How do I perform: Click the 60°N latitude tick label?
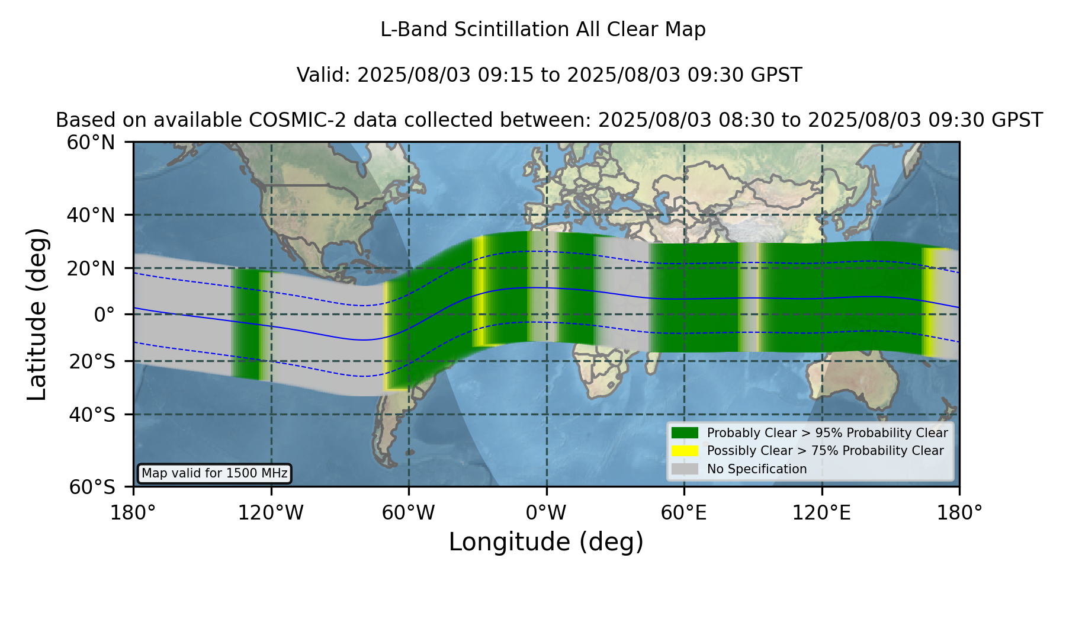(x=91, y=143)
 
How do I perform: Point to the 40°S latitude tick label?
(x=92, y=415)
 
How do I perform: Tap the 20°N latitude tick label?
(x=91, y=268)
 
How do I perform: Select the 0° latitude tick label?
(x=104, y=315)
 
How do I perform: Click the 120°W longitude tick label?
(x=271, y=512)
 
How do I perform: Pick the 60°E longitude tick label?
(x=684, y=512)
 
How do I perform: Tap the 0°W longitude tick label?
(x=546, y=512)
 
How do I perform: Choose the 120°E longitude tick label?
(x=821, y=512)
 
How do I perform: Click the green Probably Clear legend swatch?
(x=685, y=433)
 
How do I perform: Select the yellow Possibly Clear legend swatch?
(x=685, y=451)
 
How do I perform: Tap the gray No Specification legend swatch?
(x=685, y=469)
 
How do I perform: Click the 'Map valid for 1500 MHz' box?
(x=214, y=473)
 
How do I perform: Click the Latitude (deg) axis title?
(x=37, y=314)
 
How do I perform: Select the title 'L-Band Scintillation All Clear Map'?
(x=543, y=30)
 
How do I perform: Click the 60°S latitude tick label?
(x=92, y=488)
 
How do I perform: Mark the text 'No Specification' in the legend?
(x=757, y=469)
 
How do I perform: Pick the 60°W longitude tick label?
(x=409, y=512)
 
